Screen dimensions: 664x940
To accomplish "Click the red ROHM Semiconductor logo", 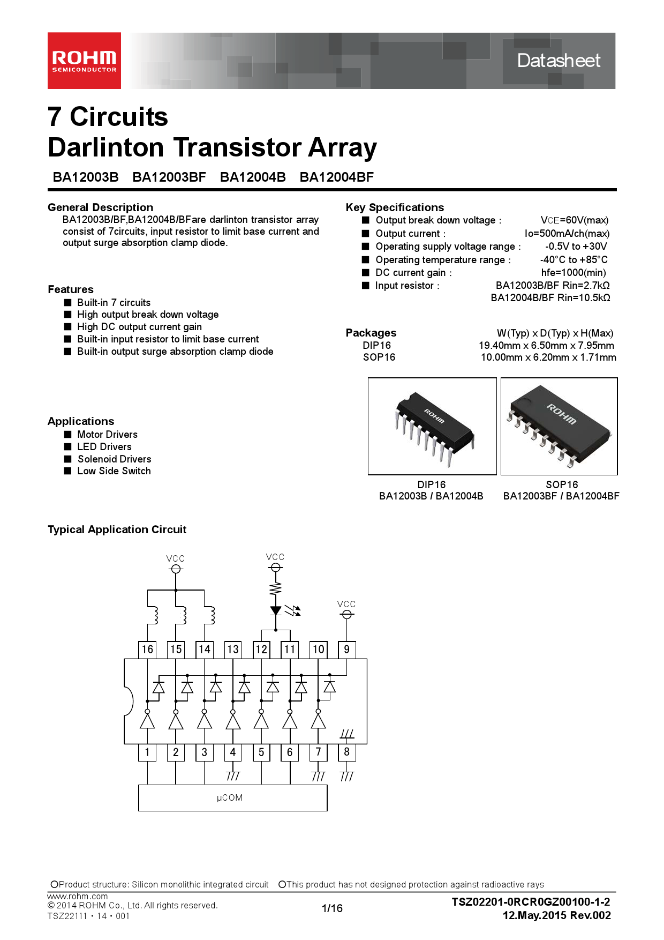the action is [x=84, y=61].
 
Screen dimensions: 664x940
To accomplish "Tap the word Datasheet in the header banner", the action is [x=559, y=61].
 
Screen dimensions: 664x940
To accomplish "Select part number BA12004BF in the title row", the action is [x=337, y=177].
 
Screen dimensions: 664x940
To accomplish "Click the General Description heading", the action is [x=101, y=207].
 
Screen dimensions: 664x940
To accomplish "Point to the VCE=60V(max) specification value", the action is [x=575, y=220].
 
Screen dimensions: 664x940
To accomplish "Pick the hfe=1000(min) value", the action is [x=574, y=272].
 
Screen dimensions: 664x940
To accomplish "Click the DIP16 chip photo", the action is [x=432, y=426].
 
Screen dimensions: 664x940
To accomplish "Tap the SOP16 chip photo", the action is [x=559, y=426].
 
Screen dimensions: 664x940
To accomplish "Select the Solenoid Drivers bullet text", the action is [x=115, y=459].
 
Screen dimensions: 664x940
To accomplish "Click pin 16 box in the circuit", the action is [x=147, y=650].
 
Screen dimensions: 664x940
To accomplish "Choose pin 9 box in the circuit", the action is [x=347, y=650].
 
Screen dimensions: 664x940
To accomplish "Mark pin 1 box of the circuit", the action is [x=147, y=752].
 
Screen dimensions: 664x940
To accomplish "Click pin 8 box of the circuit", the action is [x=347, y=752].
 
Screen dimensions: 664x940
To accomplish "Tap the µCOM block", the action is [x=233, y=798].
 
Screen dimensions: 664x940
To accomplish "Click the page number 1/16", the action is [x=332, y=908].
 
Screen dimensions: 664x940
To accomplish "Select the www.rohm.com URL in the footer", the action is [x=78, y=896].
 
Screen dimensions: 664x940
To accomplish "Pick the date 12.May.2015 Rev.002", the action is [x=557, y=915].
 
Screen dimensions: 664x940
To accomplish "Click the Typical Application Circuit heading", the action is [x=117, y=529].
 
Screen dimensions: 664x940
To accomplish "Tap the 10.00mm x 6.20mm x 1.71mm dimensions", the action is [x=548, y=357].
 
